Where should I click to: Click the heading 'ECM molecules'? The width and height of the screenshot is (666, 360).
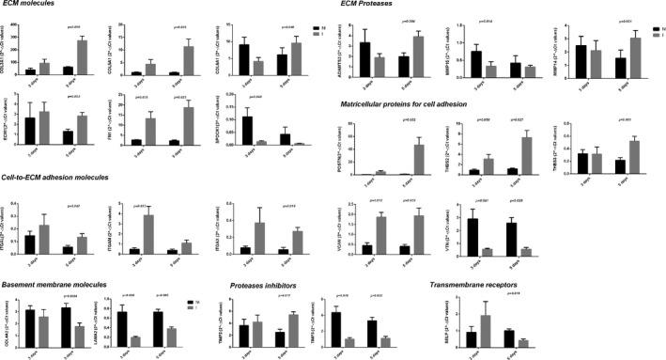click(x=33, y=7)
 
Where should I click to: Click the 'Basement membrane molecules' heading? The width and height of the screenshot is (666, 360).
click(x=56, y=285)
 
